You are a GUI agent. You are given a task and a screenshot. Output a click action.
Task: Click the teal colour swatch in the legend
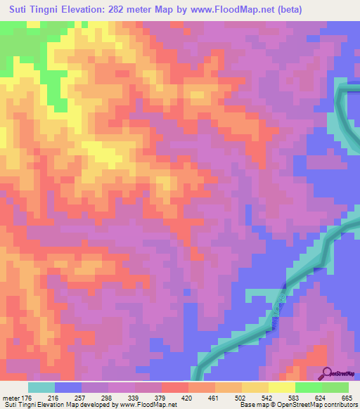tap(41, 387)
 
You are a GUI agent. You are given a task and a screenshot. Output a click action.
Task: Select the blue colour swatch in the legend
tap(68, 387)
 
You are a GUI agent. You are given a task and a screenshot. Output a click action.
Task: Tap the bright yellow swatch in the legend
tap(281, 387)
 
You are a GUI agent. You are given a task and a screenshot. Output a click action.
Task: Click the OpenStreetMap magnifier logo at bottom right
tap(327, 372)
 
